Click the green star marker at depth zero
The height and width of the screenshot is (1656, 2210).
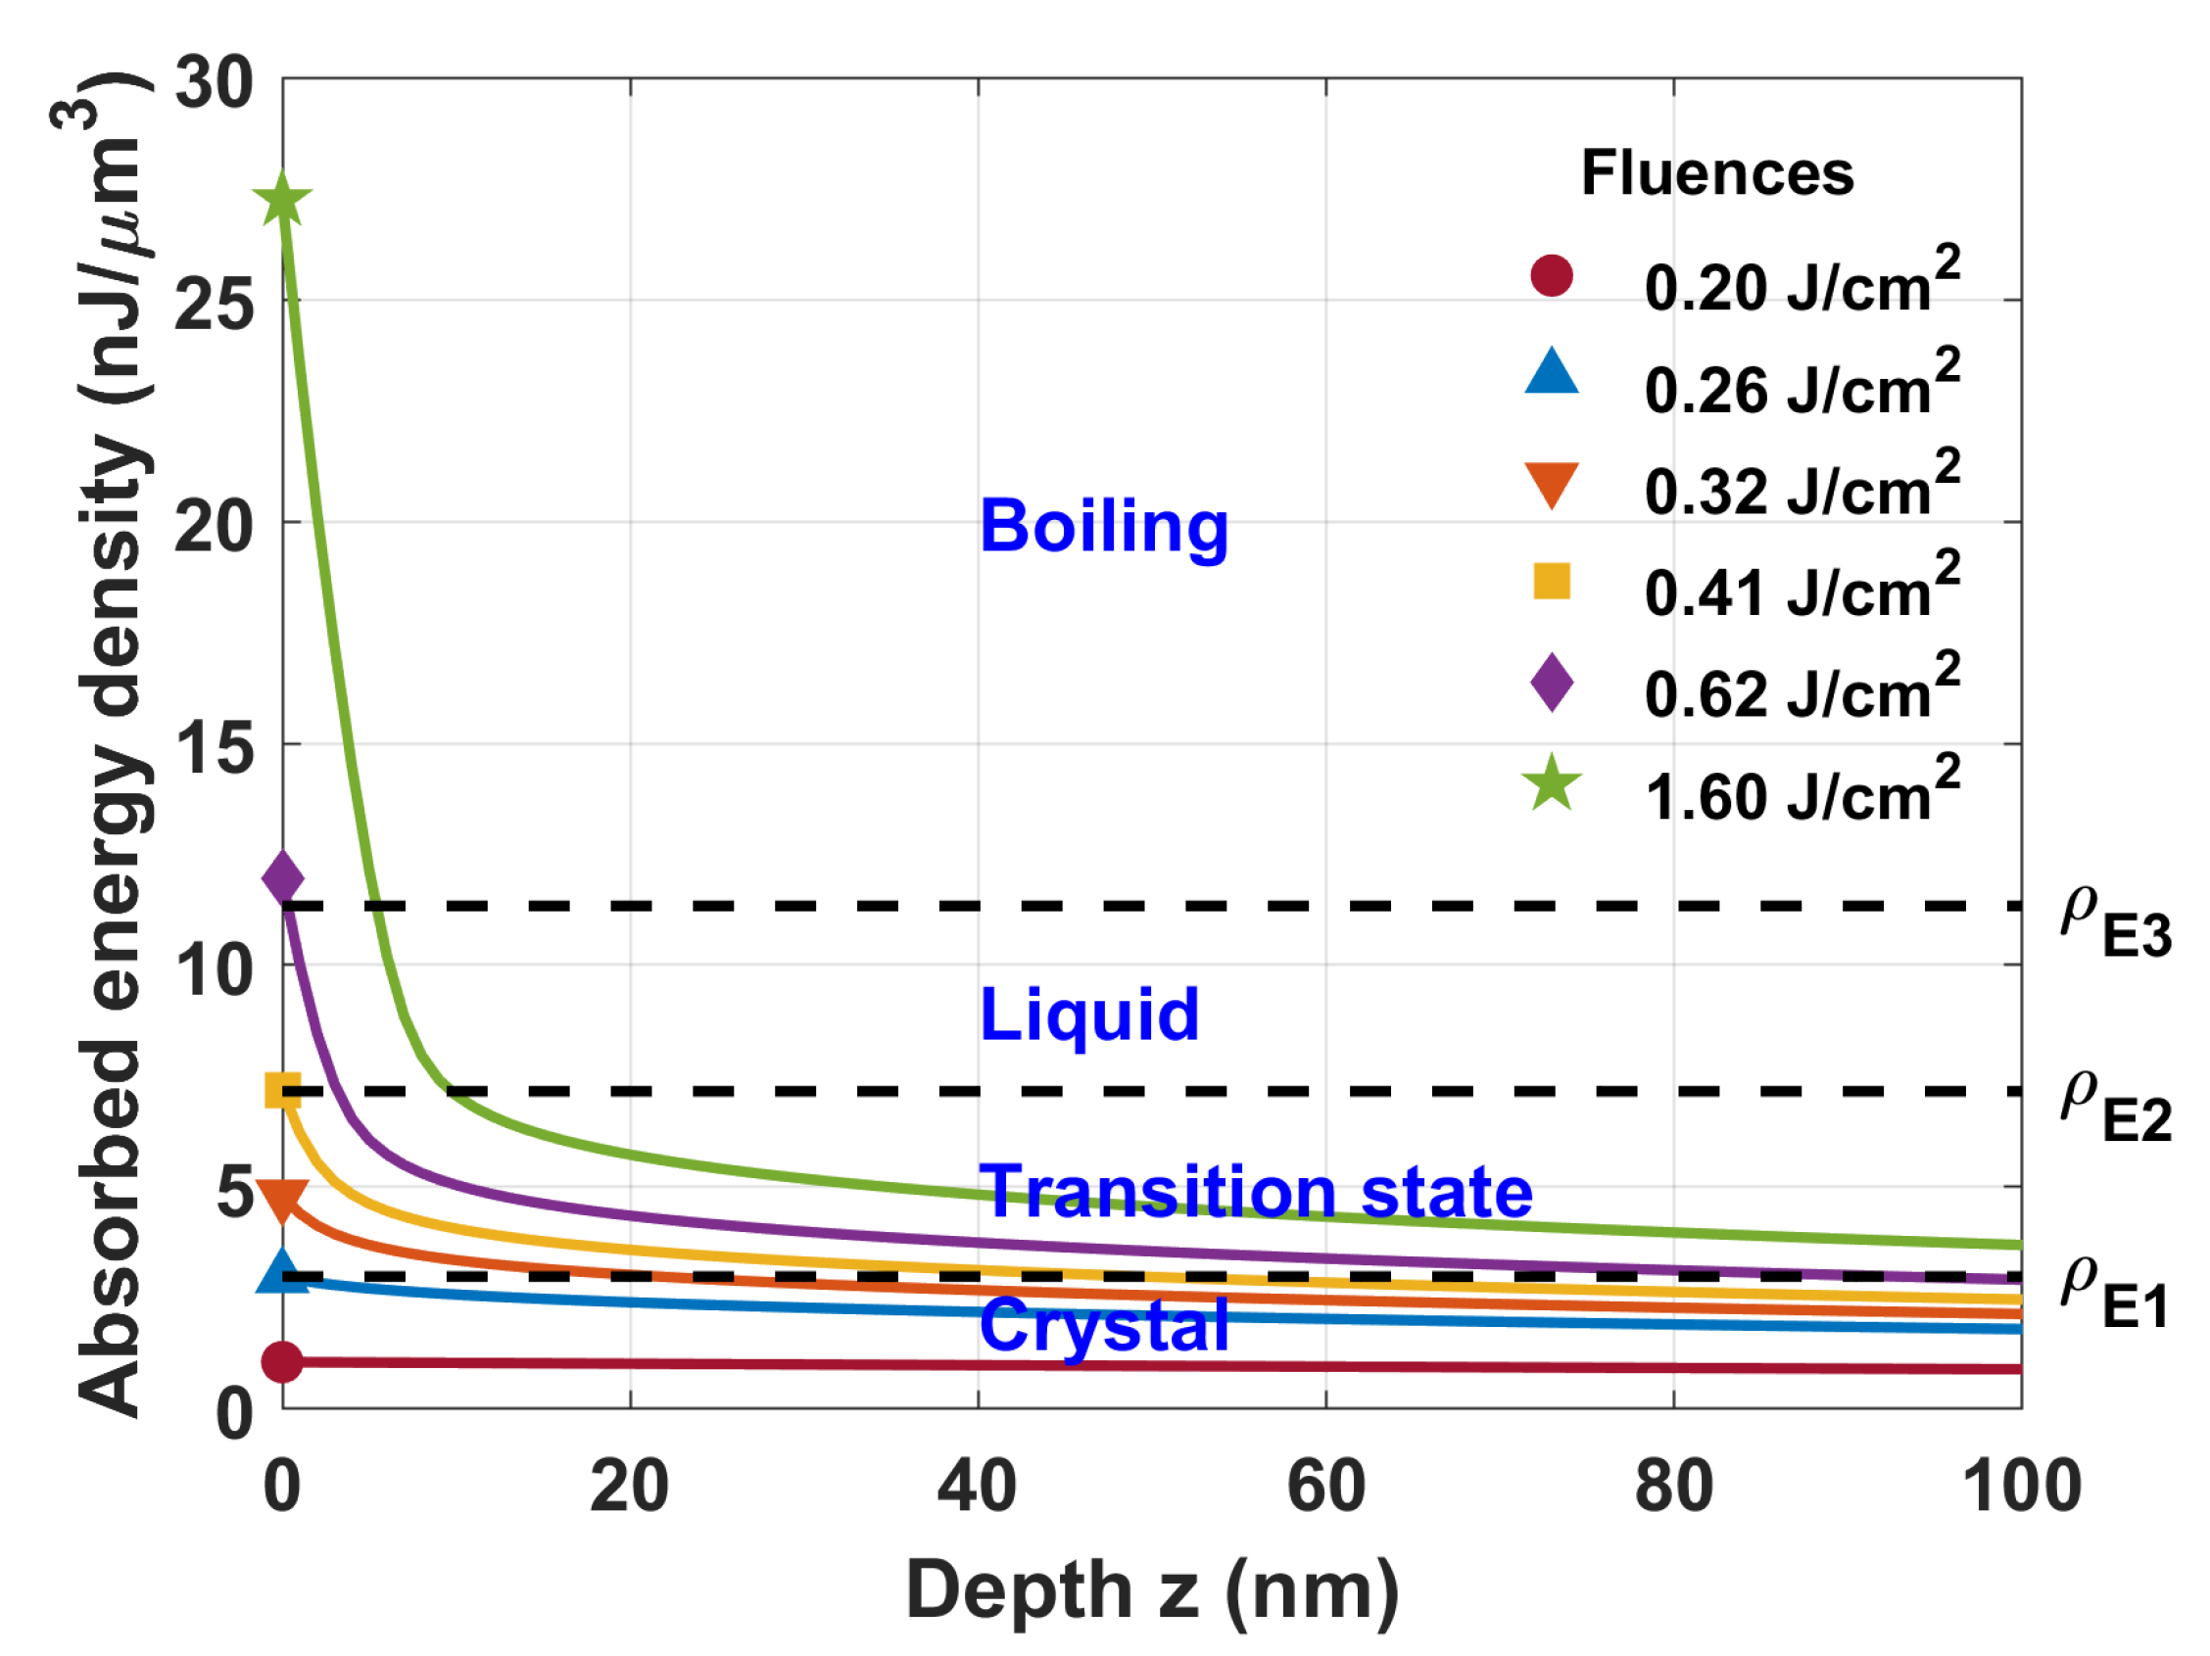point(283,202)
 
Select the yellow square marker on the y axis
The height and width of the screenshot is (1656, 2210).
point(283,1091)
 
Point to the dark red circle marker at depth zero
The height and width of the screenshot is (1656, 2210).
point(282,1361)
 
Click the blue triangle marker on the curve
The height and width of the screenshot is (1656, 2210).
point(283,1271)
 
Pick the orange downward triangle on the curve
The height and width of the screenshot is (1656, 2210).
point(283,1199)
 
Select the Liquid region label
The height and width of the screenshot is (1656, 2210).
point(1089,1015)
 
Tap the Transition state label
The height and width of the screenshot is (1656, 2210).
point(1255,1192)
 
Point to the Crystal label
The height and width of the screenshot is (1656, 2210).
point(1103,1325)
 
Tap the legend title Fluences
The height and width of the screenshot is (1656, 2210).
point(1716,172)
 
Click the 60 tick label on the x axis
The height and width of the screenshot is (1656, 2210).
point(1325,1487)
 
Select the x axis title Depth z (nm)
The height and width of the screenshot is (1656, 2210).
point(1151,1590)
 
